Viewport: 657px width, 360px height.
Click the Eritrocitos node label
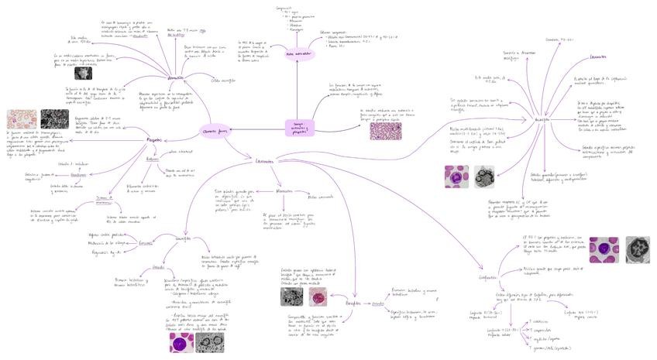point(175,77)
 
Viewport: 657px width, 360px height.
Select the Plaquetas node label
point(154,139)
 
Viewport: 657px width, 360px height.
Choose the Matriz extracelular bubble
point(298,54)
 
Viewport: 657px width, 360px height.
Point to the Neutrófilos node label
point(542,120)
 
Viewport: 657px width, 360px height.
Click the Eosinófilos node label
point(183,238)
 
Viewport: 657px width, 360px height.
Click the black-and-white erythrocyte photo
point(83,73)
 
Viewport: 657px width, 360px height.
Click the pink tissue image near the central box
point(385,129)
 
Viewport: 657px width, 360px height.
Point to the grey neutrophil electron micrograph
point(484,177)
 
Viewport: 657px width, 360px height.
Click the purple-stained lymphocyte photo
point(603,249)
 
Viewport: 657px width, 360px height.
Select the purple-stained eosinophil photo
point(181,341)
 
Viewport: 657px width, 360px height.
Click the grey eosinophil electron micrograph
point(209,341)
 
